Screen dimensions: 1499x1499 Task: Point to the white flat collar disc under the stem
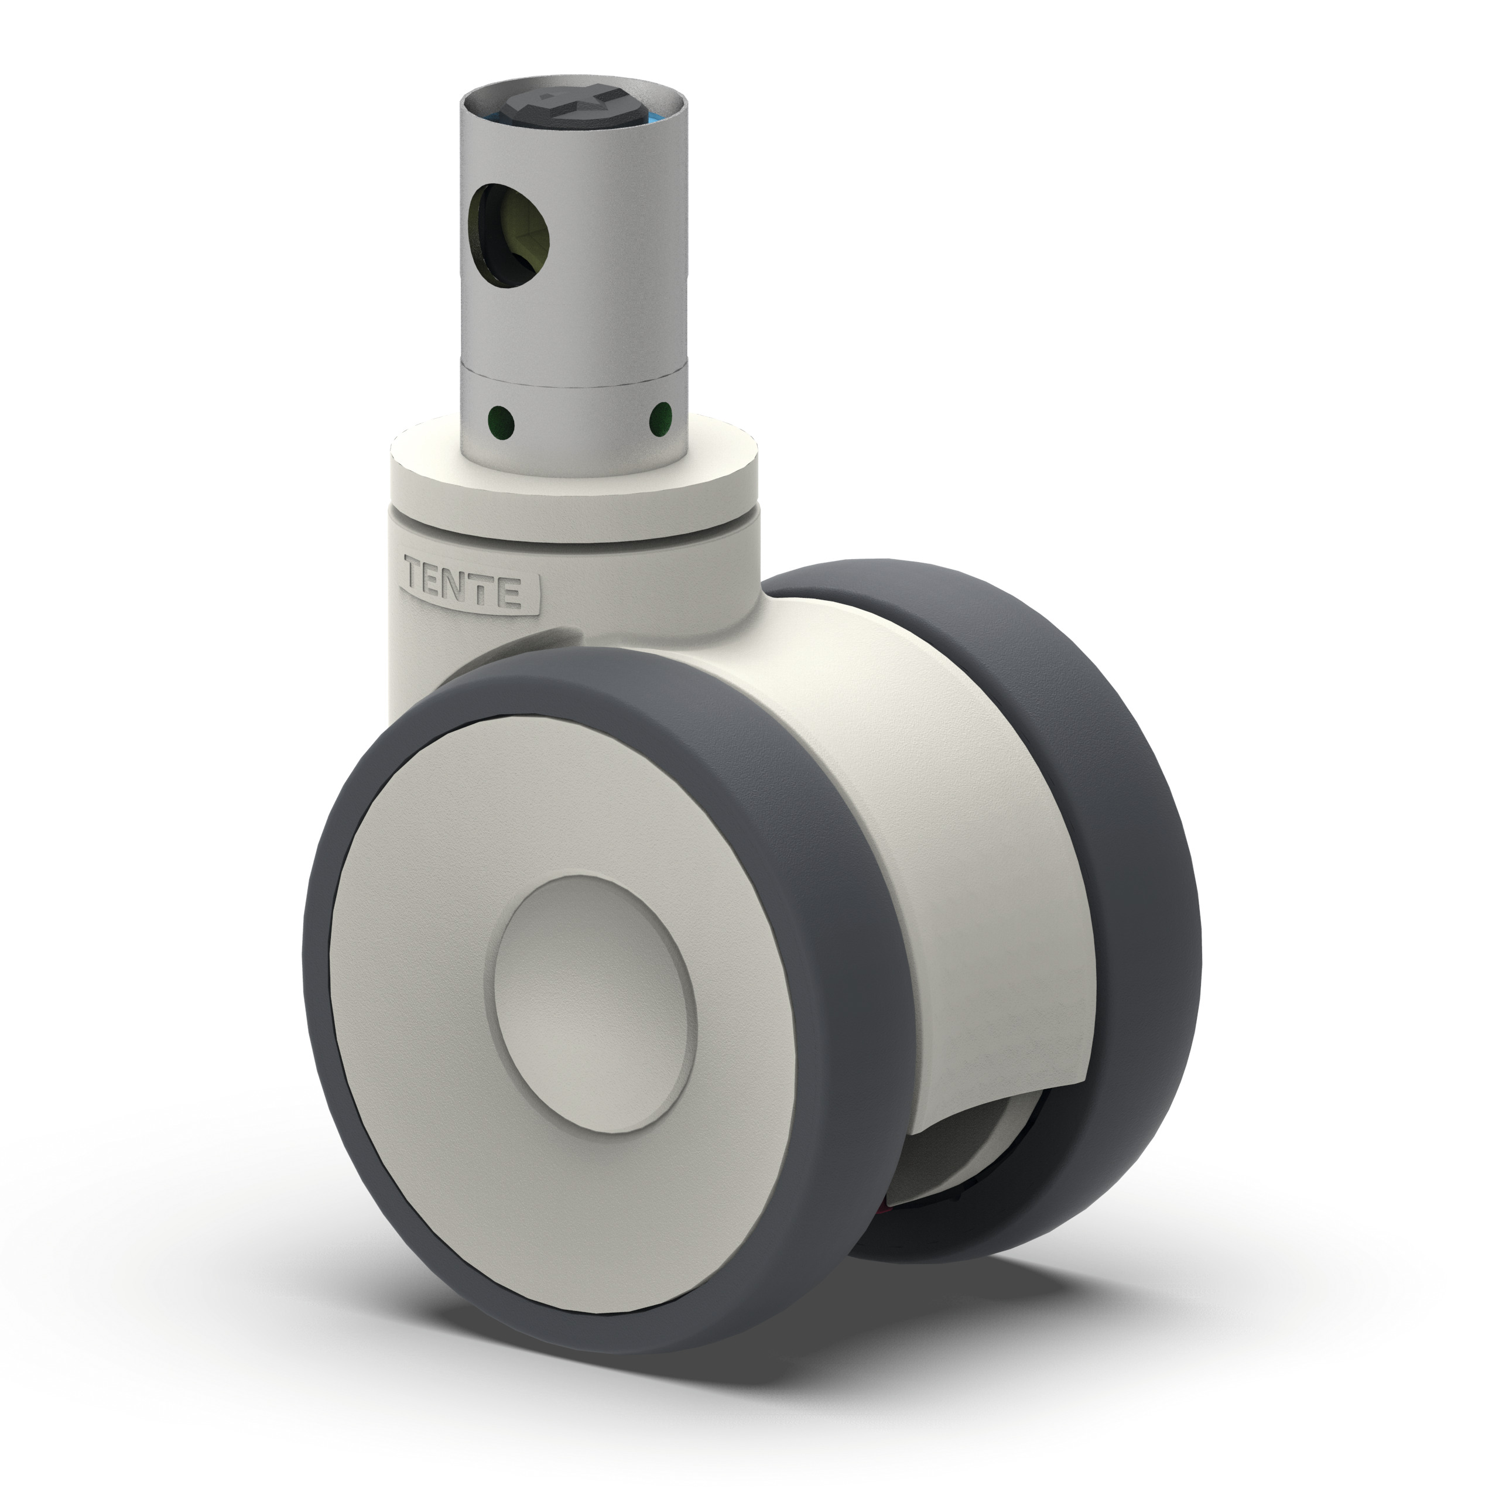coord(721,466)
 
